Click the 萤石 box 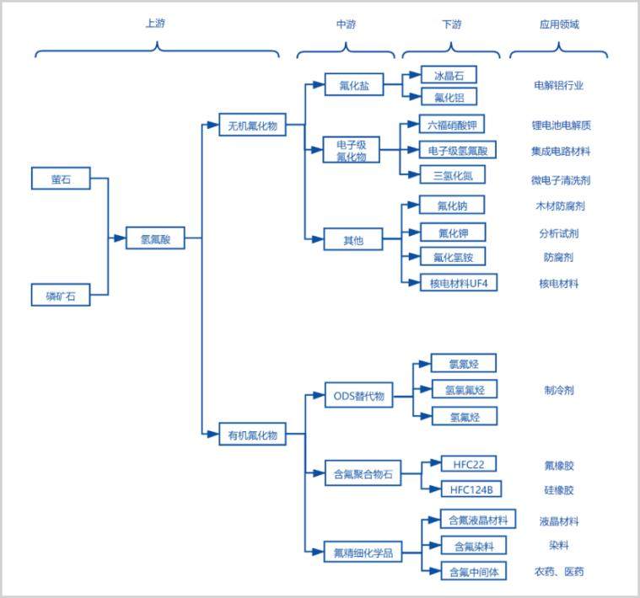tap(61, 178)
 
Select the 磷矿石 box tap(61, 295)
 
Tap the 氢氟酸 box tap(155, 238)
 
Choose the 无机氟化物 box tap(252, 125)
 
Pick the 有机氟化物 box tap(252, 434)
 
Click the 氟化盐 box tap(354, 84)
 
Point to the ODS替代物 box tap(358, 395)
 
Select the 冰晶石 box tap(449, 75)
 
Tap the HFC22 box tap(469, 464)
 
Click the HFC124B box tap(471, 489)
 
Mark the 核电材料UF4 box tap(459, 282)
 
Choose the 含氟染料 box tap(474, 546)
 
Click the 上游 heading tap(155, 24)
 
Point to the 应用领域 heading tap(559, 24)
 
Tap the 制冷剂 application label tap(559, 391)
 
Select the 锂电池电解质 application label tap(562, 125)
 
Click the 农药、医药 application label tap(559, 572)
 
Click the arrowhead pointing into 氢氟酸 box tap(120, 238)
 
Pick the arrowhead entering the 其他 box tap(318, 239)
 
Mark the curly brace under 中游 tap(346, 51)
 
